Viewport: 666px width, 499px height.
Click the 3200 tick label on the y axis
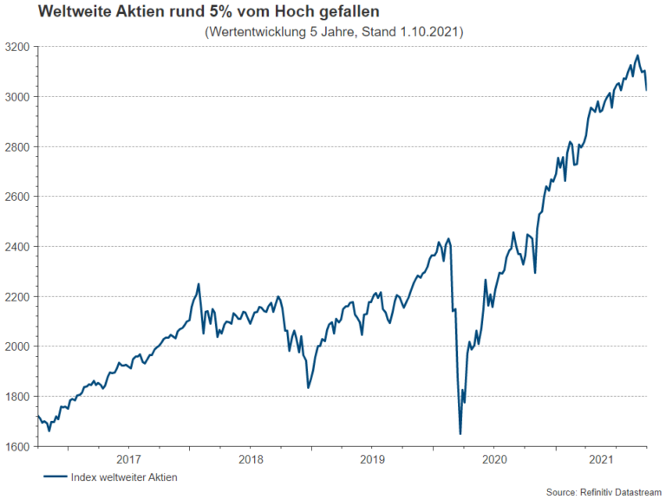coord(16,47)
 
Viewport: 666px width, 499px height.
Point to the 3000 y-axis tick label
coord(16,97)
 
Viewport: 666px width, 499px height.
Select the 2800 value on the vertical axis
coord(16,147)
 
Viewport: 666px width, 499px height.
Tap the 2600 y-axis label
coord(16,197)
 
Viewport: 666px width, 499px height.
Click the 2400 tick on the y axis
coord(16,247)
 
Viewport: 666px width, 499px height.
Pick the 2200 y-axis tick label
coord(16,297)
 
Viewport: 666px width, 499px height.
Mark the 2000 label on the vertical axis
coord(16,347)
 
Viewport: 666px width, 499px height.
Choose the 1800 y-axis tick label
coord(16,397)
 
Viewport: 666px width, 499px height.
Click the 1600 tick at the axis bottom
coord(16,447)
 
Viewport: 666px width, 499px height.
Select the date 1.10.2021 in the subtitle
coord(427,32)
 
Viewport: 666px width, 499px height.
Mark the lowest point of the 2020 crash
coord(460,434)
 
